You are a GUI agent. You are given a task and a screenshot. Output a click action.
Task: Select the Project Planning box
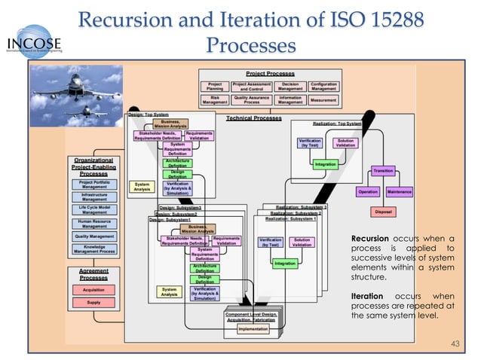(215, 85)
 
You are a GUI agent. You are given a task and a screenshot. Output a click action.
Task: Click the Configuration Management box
(323, 85)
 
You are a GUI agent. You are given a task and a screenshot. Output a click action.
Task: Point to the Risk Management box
(215, 99)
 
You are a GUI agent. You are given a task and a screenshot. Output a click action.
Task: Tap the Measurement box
(323, 99)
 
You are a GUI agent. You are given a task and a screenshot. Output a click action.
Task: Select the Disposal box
(383, 212)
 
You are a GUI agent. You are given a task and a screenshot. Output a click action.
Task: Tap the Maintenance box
(400, 192)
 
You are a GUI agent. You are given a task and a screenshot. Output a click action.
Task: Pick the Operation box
(367, 192)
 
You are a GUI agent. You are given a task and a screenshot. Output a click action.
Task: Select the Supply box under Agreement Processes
(93, 303)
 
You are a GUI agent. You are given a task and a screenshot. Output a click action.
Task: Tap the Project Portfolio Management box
(93, 185)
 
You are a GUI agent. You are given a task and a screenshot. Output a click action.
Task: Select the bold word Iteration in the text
(367, 296)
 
